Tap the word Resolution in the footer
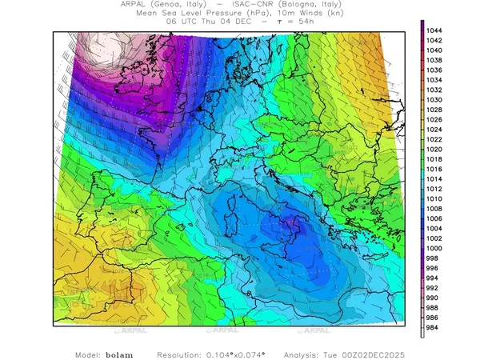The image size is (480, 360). point(184,354)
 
